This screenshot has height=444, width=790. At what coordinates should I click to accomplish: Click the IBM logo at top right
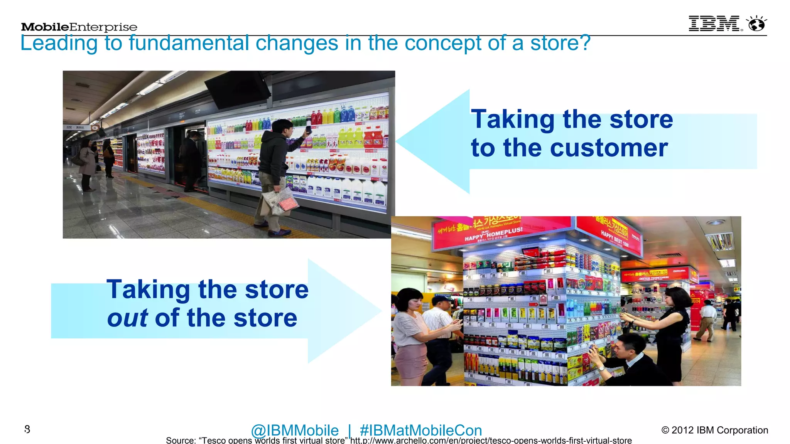pyautogui.click(x=714, y=24)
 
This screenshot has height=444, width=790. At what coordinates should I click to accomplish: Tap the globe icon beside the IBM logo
pyautogui.click(x=756, y=24)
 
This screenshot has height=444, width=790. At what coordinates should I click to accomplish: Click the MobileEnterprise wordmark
pyautogui.click(x=79, y=27)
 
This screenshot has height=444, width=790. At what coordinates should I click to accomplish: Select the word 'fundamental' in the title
pyautogui.click(x=189, y=43)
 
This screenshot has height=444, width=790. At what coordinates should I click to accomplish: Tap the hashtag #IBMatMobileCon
pyautogui.click(x=420, y=430)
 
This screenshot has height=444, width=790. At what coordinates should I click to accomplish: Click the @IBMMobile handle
pyautogui.click(x=295, y=430)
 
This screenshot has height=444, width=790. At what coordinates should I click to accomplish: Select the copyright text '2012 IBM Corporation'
pyautogui.click(x=719, y=430)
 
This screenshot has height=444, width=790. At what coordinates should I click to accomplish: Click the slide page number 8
pyautogui.click(x=27, y=429)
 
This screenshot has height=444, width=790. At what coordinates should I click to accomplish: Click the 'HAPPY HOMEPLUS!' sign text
pyautogui.click(x=493, y=234)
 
